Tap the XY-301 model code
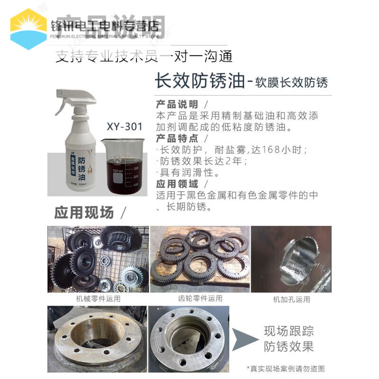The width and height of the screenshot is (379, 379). tap(124, 127)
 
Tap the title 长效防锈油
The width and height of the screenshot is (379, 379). tap(199, 81)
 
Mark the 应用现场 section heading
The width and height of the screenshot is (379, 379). tap(84, 212)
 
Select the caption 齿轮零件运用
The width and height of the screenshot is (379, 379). tap(200, 299)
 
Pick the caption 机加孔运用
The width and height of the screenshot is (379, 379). tap(291, 299)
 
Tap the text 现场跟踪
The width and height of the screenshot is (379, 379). tap(289, 331)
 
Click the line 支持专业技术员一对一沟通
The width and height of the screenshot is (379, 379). tap(144, 56)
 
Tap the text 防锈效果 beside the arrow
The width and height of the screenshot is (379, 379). tap(289, 347)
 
